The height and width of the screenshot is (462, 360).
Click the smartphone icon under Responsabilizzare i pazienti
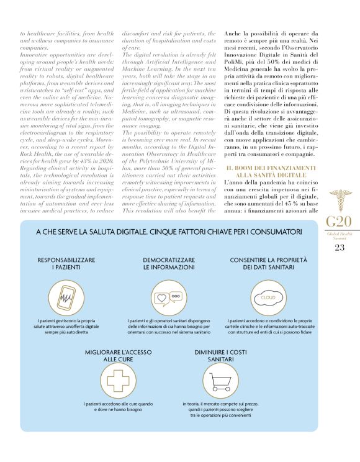pos(65,297)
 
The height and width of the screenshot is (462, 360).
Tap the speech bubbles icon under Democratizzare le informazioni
pos(169,297)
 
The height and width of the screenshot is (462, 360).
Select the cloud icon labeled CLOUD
pos(268,297)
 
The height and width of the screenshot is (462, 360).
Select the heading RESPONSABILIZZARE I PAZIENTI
pos(66,263)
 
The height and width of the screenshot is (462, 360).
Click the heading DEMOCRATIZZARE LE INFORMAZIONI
pos(169,263)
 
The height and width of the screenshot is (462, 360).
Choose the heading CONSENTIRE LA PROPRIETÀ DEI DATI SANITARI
pos(268,263)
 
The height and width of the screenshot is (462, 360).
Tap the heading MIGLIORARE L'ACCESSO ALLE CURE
pos(117,355)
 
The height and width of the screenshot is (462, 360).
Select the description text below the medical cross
pos(117,407)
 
